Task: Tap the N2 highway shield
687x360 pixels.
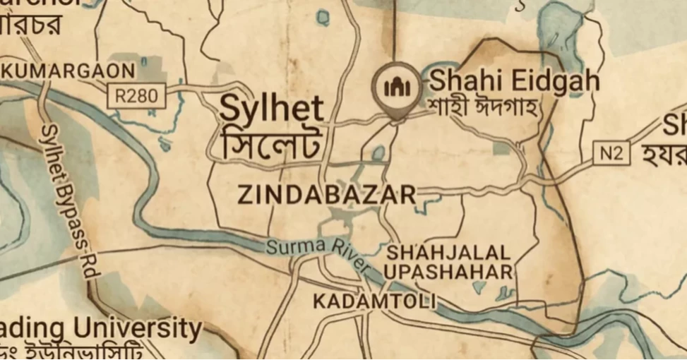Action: pyautogui.click(x=611, y=153)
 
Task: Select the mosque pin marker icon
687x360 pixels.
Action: pyautogui.click(x=396, y=86)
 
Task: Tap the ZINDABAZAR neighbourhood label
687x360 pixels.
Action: pyautogui.click(x=327, y=195)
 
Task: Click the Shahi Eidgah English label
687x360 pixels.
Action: pyautogui.click(x=515, y=80)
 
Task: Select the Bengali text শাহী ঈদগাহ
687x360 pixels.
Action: pyautogui.click(x=483, y=109)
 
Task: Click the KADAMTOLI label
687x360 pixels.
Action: pyautogui.click(x=374, y=301)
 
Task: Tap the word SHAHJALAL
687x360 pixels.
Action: pyautogui.click(x=448, y=252)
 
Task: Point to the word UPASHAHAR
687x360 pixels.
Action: pyautogui.click(x=448, y=272)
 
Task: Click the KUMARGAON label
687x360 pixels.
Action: pyautogui.click(x=69, y=71)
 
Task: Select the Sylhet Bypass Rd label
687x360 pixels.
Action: pyautogui.click(x=68, y=198)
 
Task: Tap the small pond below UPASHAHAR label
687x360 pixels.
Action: pyautogui.click(x=479, y=287)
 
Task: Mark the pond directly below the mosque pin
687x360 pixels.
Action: pyautogui.click(x=379, y=152)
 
